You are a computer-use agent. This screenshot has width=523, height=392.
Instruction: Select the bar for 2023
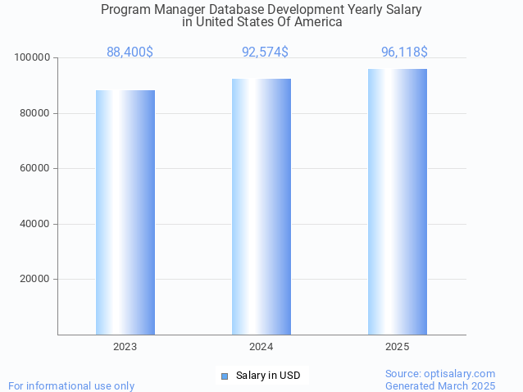tap(125, 212)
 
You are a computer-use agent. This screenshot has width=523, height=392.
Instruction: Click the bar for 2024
tap(261, 206)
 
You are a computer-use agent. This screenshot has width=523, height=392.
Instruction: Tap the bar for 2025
tap(398, 201)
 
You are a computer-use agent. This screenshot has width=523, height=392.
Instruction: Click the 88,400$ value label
tap(130, 52)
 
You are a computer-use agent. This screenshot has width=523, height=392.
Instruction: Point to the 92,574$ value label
tap(265, 52)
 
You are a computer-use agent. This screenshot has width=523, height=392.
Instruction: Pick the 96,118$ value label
tap(404, 52)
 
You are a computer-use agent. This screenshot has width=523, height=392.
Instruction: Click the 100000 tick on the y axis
tap(33, 58)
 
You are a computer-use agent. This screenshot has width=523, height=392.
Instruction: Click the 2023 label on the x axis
tap(125, 347)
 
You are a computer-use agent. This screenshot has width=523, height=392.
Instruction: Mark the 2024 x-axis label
tap(261, 347)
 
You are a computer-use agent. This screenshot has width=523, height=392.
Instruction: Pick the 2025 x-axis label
tap(398, 347)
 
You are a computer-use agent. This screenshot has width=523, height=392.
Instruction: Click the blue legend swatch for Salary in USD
tap(225, 376)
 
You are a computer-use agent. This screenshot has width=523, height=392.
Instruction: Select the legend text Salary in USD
tap(268, 376)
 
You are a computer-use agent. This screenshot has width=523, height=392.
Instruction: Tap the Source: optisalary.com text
tap(440, 373)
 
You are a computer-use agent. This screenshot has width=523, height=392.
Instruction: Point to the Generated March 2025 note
tap(440, 385)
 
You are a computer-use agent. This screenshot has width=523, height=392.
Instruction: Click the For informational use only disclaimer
tap(71, 385)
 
